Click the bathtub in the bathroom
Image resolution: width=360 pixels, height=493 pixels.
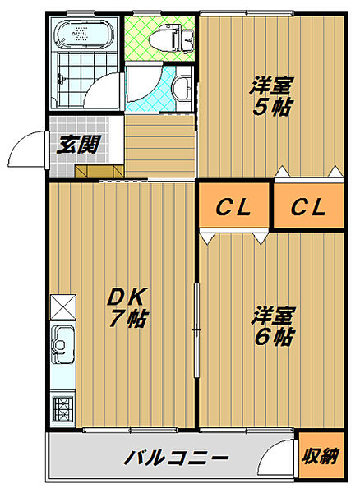coord(85,34)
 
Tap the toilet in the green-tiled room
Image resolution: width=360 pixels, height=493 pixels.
coord(171,39)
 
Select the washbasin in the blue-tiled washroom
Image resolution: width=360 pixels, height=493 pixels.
coord(182,87)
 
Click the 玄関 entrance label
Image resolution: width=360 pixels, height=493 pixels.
coord(79,145)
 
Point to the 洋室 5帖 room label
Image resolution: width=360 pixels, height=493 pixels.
coord(272,96)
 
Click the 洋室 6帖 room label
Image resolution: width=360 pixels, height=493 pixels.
coord(273,325)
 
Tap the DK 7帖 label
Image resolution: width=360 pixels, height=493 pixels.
coord(127,307)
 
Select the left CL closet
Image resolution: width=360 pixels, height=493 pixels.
coord(234,205)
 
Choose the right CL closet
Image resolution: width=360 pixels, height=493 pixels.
coord(309,205)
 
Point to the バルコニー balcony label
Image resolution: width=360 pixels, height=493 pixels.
coord(176,458)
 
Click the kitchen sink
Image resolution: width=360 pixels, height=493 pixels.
coord(63,344)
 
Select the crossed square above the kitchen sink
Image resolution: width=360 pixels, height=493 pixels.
coord(63,306)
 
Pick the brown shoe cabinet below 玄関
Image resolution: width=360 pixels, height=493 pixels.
coord(99,172)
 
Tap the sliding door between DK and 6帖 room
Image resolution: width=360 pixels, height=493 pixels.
coord(196,329)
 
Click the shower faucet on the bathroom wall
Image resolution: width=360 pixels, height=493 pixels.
coord(60,79)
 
